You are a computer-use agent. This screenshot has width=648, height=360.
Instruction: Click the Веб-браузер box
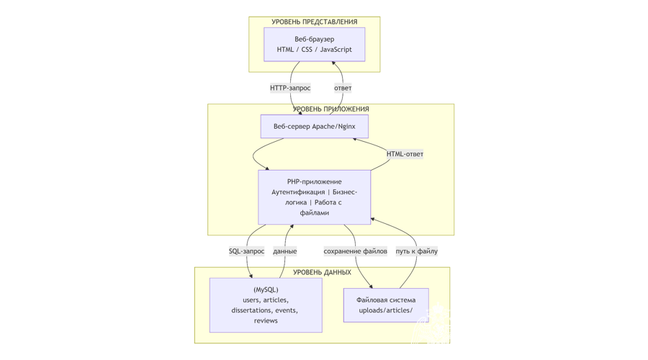coord(314,44)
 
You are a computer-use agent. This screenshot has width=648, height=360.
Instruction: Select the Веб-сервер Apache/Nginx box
coord(314,127)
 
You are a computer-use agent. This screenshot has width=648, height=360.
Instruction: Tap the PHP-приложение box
coord(314,197)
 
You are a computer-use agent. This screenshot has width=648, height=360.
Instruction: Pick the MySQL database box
coord(266,305)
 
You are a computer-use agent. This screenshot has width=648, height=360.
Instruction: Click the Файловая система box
coord(386,305)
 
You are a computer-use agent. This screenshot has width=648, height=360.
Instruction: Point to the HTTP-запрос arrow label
coord(290,88)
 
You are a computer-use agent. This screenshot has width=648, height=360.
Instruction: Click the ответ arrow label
coord(343,88)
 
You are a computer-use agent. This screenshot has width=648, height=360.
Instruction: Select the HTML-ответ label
coord(405,154)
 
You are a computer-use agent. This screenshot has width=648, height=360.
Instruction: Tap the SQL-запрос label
coord(246,251)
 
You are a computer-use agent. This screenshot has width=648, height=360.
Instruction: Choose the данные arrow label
coord(284,251)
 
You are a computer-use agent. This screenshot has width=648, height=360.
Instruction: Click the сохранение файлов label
coord(355,251)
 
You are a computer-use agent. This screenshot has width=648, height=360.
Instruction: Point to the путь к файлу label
coord(417,251)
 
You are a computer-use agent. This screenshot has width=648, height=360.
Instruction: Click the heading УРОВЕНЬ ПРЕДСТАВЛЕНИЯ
coord(314,22)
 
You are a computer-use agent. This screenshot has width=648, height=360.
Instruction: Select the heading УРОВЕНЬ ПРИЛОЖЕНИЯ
coord(330,109)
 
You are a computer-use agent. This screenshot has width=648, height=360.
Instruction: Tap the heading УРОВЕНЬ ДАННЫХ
coord(322,272)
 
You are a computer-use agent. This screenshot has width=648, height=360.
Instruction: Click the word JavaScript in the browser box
coord(336,50)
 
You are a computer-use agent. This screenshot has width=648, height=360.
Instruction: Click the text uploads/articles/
coord(386,310)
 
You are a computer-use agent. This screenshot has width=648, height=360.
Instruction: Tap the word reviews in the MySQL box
coord(266,320)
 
